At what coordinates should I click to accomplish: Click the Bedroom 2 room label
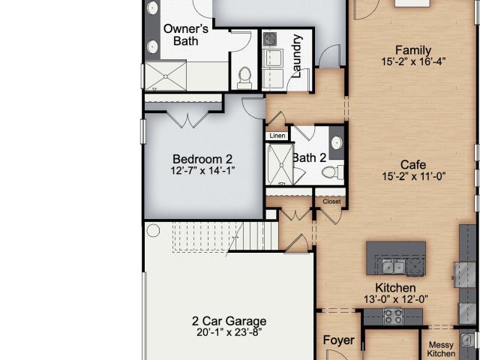click(x=202, y=159)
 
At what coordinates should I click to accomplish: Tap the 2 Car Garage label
click(x=229, y=321)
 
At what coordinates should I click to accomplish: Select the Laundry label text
click(x=297, y=56)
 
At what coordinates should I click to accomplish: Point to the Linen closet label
click(x=277, y=136)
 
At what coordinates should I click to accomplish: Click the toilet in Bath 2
click(x=332, y=172)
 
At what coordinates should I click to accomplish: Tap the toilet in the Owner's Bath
click(x=244, y=77)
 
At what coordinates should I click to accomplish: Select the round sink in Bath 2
click(x=337, y=142)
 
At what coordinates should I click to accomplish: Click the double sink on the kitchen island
click(x=394, y=267)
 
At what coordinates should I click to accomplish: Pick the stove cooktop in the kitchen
click(x=393, y=316)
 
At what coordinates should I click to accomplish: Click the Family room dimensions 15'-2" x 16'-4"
click(x=413, y=61)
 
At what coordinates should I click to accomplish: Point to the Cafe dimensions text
click(x=413, y=176)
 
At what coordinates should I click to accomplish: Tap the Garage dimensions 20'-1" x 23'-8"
click(x=229, y=332)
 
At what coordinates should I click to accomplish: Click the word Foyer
click(x=338, y=340)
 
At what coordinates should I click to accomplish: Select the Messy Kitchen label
click(x=441, y=349)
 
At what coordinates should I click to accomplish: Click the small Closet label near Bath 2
click(x=331, y=202)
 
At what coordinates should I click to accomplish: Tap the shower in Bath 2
click(x=280, y=164)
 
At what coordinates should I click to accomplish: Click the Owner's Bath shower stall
click(x=165, y=76)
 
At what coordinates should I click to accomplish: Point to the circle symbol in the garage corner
click(x=153, y=230)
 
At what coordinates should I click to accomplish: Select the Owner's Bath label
click(x=186, y=34)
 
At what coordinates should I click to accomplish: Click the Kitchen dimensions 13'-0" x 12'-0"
click(x=396, y=299)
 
